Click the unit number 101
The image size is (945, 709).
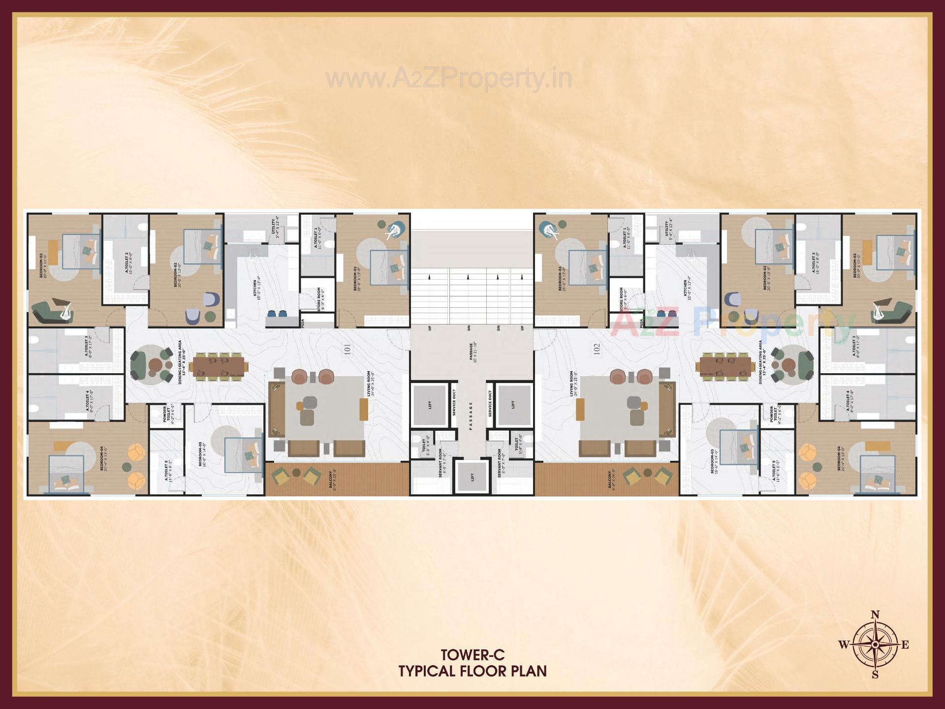pos(347,350)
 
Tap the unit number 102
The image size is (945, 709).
pos(597,350)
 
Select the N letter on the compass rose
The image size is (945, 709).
pos(875,614)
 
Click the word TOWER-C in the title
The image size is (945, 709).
pos(472,655)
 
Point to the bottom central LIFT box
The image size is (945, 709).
pos(472,477)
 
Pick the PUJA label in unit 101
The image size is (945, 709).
pos(303,323)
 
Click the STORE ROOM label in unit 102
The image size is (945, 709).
pos(621,298)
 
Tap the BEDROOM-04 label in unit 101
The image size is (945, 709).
pos(102,458)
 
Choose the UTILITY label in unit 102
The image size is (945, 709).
pos(667,229)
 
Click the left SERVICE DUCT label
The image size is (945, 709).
pos(454,403)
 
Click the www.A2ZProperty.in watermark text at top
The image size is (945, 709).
pos(449,79)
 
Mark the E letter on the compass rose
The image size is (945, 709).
pos(905,645)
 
